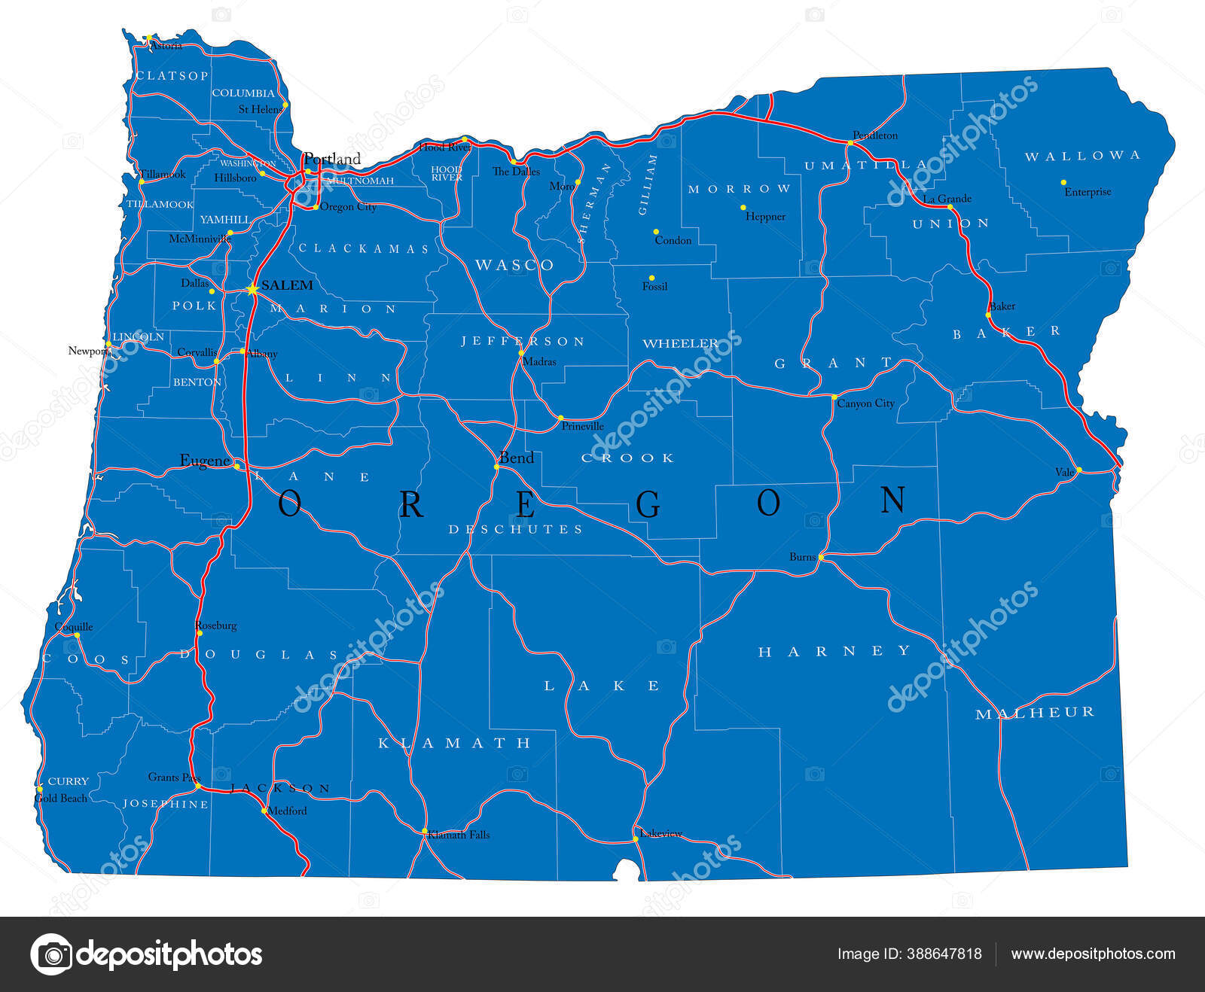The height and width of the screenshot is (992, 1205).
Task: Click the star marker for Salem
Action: (252, 288)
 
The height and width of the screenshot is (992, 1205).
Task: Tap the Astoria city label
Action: (166, 46)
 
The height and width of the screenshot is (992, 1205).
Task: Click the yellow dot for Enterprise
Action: (1063, 182)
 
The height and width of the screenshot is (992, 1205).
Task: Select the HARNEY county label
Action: (834, 651)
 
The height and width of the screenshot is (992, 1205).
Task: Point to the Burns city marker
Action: (821, 558)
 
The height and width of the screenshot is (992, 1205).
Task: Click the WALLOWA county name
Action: (1082, 156)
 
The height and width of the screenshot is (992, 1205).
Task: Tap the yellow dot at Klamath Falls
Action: (424, 831)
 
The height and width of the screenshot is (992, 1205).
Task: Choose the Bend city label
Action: (517, 458)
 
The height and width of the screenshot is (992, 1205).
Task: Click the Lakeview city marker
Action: (636, 838)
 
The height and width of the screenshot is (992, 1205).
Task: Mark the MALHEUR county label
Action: (1035, 713)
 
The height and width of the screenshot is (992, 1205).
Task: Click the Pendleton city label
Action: (875, 135)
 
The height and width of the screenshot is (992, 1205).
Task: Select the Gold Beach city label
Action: (61, 798)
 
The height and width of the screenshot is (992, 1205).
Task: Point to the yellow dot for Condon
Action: (656, 232)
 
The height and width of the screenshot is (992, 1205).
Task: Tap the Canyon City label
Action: (866, 403)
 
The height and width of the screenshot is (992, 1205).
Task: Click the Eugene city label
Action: (204, 460)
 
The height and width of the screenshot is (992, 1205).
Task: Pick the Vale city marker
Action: (1078, 470)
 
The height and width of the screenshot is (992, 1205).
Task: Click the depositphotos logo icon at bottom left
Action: (51, 954)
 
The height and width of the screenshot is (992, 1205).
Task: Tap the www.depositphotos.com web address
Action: (1093, 954)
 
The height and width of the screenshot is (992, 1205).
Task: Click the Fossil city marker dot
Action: (652, 278)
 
